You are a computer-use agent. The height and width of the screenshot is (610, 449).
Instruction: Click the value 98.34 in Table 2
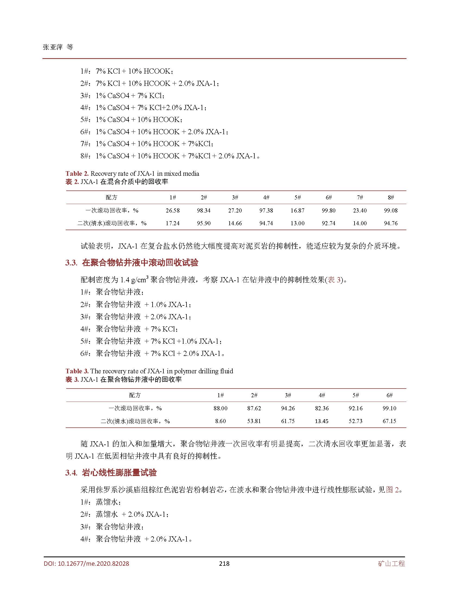point(204,211)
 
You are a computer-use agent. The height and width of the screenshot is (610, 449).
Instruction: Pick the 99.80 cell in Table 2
point(328,211)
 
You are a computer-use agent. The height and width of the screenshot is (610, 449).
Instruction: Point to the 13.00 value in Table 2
point(297,223)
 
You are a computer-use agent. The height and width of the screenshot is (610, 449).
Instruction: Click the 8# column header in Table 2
point(391,198)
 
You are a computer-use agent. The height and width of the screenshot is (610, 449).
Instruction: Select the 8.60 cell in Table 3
point(220,421)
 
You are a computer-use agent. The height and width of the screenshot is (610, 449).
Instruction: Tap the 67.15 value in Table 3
point(389,421)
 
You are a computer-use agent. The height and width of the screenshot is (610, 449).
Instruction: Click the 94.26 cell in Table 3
point(288,408)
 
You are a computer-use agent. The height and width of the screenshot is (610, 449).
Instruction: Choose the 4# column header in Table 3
point(322,395)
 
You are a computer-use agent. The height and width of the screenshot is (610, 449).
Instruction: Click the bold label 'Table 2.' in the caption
point(77,174)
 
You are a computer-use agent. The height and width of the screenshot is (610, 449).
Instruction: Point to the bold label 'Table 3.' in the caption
point(77,371)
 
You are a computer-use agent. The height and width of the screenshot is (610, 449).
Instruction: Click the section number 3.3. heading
point(71,263)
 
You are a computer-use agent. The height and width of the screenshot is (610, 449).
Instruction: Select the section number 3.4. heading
point(71,473)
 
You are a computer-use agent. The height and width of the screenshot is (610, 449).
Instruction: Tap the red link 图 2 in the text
point(392,490)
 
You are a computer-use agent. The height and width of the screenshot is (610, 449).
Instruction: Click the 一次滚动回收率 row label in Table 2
point(112,211)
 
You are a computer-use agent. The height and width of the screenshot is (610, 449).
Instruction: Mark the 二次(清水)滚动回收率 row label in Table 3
point(135,421)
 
